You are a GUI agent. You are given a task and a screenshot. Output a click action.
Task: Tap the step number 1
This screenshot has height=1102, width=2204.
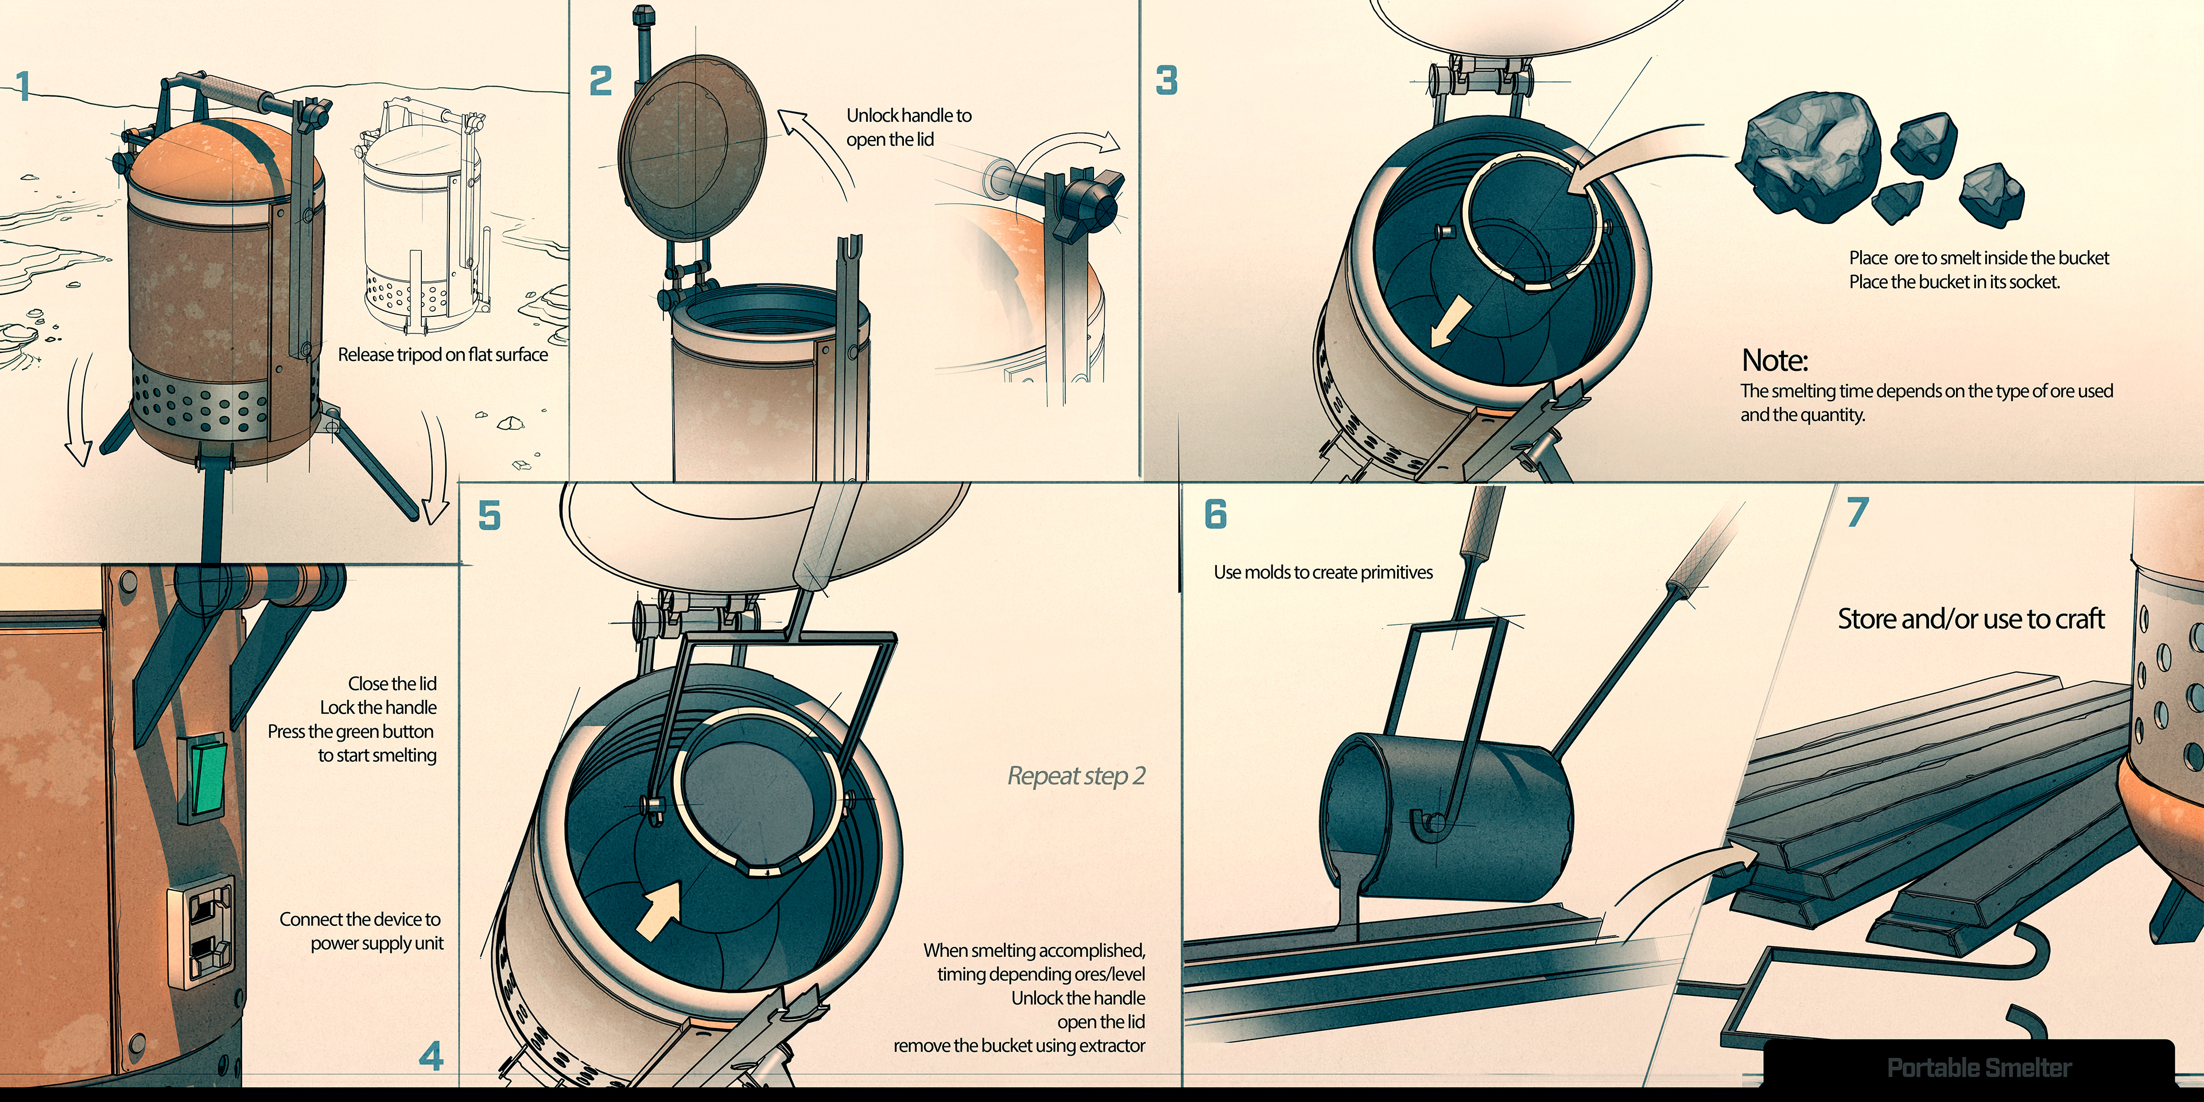(x=23, y=87)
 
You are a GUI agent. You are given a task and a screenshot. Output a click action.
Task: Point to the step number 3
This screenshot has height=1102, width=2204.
(x=1166, y=80)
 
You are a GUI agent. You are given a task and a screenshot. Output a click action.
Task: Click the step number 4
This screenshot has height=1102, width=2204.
(x=431, y=1057)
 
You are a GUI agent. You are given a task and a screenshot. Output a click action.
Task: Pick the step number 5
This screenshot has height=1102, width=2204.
(x=488, y=516)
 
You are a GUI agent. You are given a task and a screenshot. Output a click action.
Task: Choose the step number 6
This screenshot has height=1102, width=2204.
(x=1215, y=514)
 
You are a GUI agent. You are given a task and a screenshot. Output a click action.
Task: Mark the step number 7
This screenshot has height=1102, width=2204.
(x=1857, y=513)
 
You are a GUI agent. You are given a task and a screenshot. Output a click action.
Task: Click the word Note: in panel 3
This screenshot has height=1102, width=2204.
(x=1775, y=360)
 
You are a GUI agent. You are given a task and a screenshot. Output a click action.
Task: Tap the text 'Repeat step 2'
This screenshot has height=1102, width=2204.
(x=1076, y=776)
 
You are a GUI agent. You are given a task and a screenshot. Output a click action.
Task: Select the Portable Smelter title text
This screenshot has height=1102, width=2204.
(x=1978, y=1068)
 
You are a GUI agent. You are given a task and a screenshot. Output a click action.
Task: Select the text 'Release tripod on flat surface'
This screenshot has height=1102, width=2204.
(x=443, y=354)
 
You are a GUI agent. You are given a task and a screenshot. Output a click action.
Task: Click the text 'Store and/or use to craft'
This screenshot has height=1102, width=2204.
(x=1970, y=619)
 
